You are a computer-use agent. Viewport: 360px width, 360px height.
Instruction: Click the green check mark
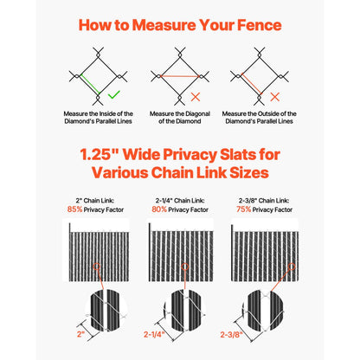click(x=114, y=93)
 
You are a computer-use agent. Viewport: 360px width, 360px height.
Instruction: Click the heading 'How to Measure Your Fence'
click(x=179, y=24)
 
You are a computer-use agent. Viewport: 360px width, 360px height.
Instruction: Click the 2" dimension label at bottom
click(x=80, y=332)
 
